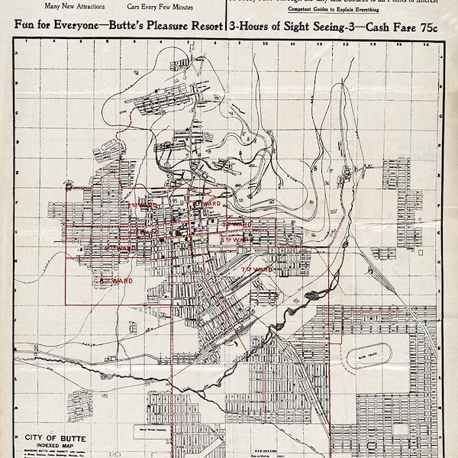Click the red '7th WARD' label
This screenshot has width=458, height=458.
[257, 270]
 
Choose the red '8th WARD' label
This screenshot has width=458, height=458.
[116, 281]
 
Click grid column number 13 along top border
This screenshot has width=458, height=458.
[345, 44]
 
